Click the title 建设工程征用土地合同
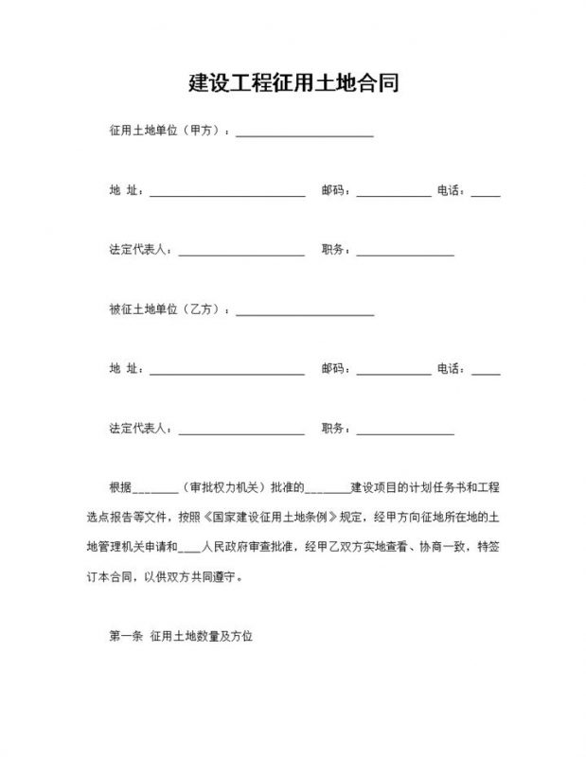[x=293, y=82]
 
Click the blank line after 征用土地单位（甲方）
[x=304, y=133]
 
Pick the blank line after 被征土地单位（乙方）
[x=304, y=311]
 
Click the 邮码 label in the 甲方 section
[x=334, y=191]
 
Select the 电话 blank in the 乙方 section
[x=486, y=370]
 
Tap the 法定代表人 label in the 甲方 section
[x=139, y=251]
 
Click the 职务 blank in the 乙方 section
[x=404, y=431]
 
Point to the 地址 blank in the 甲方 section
[x=226, y=193]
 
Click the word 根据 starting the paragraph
[x=120, y=489]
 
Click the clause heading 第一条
[x=125, y=637]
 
